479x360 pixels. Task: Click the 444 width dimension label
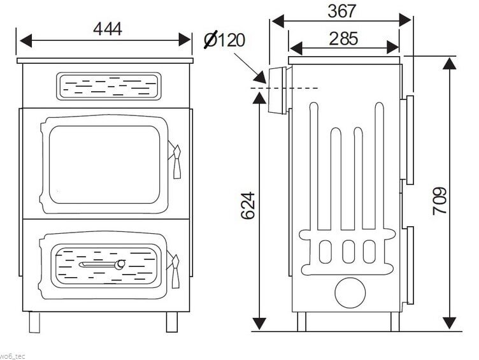coord(108,29)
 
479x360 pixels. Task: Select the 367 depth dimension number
coord(342,11)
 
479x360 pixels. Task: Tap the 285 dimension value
coord(343,39)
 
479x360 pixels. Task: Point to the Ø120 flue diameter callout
coord(224,40)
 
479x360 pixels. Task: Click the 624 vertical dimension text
coord(248,205)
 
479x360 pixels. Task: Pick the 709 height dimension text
coord(440,201)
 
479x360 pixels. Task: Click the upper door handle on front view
coord(176,161)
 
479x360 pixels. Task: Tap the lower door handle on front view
coord(175,270)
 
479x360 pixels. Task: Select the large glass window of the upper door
coord(104,165)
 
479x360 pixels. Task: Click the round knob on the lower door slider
coord(120,264)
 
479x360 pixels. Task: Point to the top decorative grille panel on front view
coord(108,86)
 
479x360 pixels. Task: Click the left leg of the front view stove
coord(34,322)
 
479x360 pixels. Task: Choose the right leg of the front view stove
coord(172,322)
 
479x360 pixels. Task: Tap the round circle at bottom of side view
coord(350,292)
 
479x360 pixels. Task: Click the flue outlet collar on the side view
coord(278,90)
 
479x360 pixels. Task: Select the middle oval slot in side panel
coord(348,252)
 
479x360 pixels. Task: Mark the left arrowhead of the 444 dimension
coord(26,41)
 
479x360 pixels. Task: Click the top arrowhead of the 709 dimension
coord(449,64)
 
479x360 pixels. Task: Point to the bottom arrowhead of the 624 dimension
coord(259,323)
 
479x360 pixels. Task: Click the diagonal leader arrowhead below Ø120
coord(261,77)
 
